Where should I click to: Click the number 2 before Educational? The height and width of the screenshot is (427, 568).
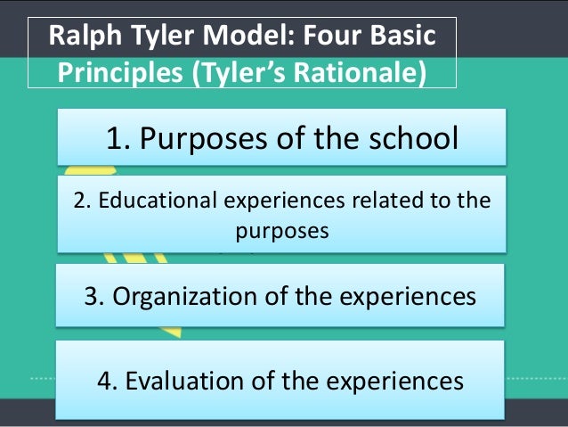pos(80,201)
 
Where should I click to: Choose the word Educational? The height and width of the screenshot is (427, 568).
pos(155,201)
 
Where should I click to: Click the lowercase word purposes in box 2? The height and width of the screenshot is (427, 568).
pos(282,230)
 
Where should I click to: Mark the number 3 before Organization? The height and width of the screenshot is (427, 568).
pos(92,296)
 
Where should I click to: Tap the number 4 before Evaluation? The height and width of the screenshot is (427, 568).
pos(105,381)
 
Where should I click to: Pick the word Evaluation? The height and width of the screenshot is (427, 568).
pos(183,381)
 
